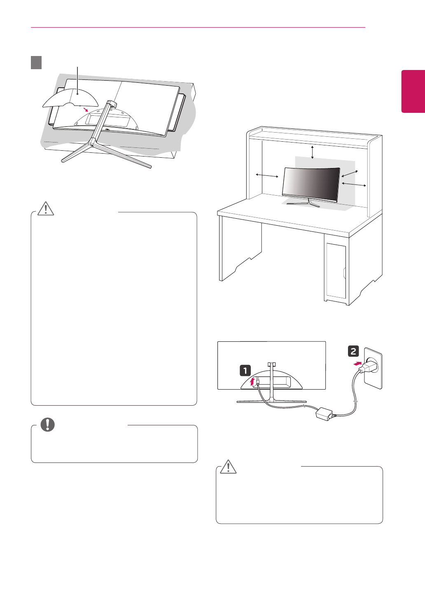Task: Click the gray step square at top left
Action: [x=36, y=63]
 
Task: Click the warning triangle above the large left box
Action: [x=46, y=208]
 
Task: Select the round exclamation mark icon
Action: [x=48, y=424]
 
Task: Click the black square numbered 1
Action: [x=245, y=371]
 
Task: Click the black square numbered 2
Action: [x=353, y=351]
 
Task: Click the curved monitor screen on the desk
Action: [x=311, y=182]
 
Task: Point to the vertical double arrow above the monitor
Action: [x=313, y=152]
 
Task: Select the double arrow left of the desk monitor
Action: [x=267, y=175]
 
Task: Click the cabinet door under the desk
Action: [x=336, y=271]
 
